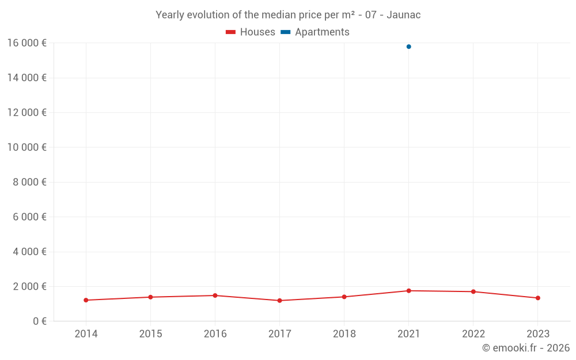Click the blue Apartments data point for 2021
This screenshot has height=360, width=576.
pyautogui.click(x=408, y=47)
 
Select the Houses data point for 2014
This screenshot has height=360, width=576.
pyautogui.click(x=86, y=300)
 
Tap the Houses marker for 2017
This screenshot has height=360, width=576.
pyautogui.click(x=279, y=301)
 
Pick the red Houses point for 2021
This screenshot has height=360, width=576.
pyautogui.click(x=408, y=291)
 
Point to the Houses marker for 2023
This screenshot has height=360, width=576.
pyautogui.click(x=537, y=298)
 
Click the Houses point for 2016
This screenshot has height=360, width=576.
pyautogui.click(x=215, y=295)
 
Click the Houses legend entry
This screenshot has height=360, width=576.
pyautogui.click(x=251, y=32)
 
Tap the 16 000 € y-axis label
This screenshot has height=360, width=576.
pyautogui.click(x=26, y=43)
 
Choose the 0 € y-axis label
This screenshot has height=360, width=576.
pyautogui.click(x=39, y=321)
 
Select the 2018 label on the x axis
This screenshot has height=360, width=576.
pyautogui.click(x=344, y=334)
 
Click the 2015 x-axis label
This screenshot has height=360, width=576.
pyautogui.click(x=150, y=334)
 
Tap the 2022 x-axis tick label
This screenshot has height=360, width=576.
pyautogui.click(x=473, y=334)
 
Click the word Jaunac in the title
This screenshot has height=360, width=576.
pyautogui.click(x=404, y=15)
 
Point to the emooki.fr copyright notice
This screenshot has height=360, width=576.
pyautogui.click(x=526, y=348)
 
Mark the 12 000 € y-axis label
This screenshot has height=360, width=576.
pyautogui.click(x=26, y=112)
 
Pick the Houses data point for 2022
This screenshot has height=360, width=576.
pyautogui.click(x=473, y=291)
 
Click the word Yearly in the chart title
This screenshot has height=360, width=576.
pyautogui.click(x=170, y=15)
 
